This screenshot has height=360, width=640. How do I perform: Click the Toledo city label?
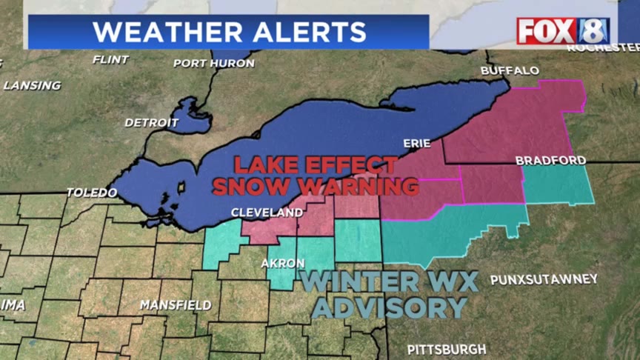[x=92, y=193]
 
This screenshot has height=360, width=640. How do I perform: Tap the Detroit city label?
[x=151, y=122]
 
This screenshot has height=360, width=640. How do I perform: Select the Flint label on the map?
[x=110, y=59]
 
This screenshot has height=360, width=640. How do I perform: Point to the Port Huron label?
[x=213, y=64]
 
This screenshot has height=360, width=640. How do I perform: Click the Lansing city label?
[x=32, y=85]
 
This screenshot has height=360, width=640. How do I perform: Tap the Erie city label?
[x=416, y=143]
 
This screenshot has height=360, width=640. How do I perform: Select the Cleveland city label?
[x=267, y=213]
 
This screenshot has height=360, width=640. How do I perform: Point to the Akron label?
[x=282, y=264]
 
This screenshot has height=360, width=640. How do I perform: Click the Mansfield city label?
[x=176, y=305]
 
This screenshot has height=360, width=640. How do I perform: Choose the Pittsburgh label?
[x=447, y=349]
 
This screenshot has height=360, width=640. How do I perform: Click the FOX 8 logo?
[x=563, y=31]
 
